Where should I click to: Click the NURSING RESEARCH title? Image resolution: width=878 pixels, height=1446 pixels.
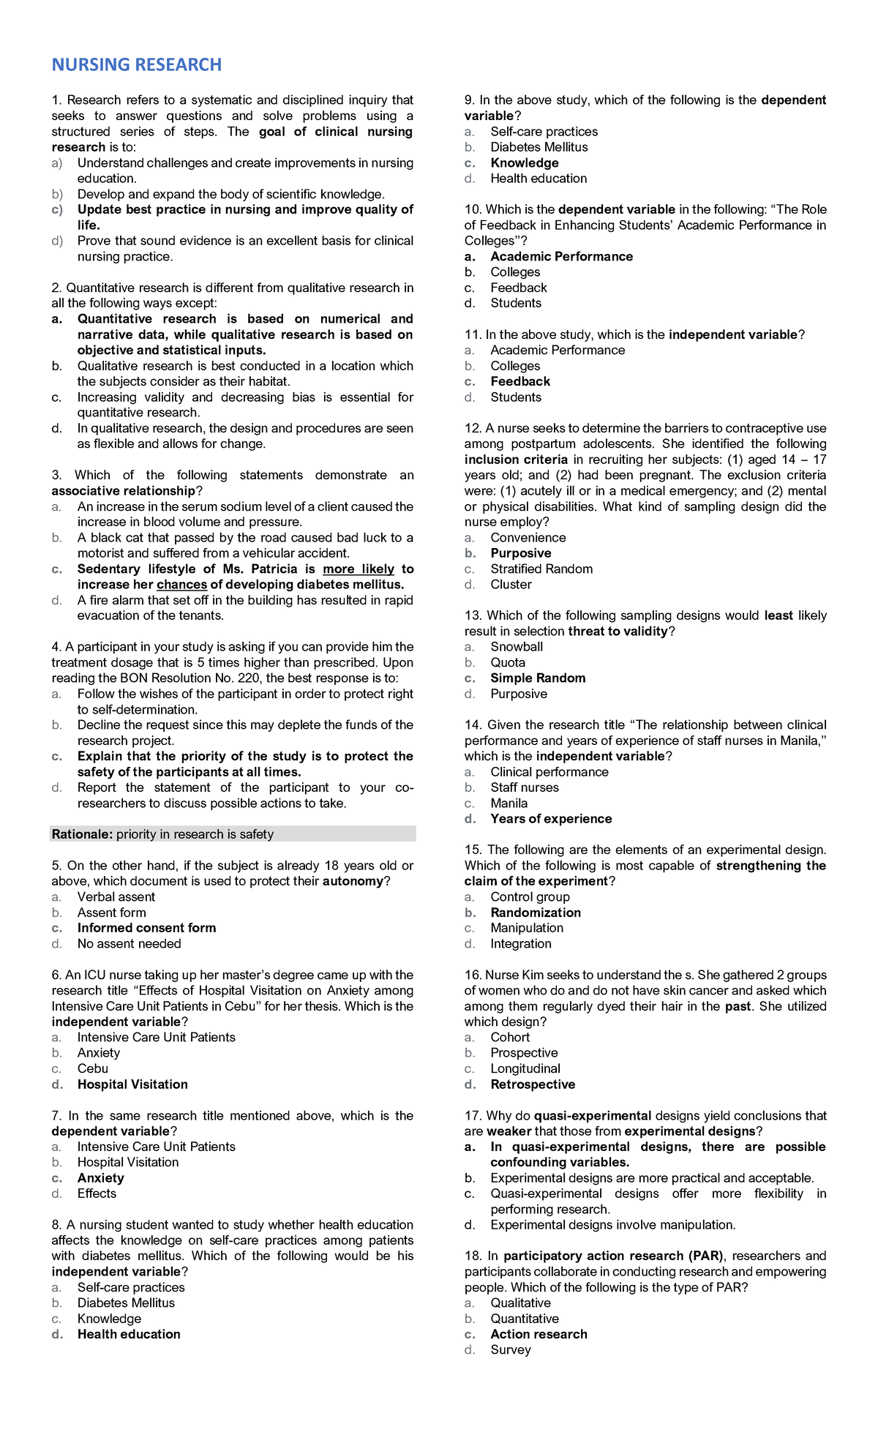click(x=136, y=65)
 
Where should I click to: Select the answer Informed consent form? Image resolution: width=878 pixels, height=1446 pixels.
click(x=146, y=928)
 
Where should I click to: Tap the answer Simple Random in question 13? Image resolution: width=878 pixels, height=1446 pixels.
click(x=538, y=678)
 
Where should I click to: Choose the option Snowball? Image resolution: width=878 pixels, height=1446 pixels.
click(x=517, y=647)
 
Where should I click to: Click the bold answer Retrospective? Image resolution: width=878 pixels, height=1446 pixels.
click(x=533, y=1084)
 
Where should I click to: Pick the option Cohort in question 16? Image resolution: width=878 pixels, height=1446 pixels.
click(x=510, y=1038)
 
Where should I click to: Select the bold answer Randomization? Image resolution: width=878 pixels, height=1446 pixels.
click(x=536, y=913)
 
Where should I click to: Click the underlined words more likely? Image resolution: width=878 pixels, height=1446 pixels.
click(x=359, y=569)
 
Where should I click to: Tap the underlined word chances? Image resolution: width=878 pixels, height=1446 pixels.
click(x=181, y=585)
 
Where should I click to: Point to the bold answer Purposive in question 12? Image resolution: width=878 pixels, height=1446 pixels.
click(x=521, y=554)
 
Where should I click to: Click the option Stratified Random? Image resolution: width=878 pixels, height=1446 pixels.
click(x=541, y=569)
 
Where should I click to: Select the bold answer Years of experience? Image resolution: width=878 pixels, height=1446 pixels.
click(x=551, y=819)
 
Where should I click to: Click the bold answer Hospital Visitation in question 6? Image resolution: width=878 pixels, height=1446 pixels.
click(x=132, y=1084)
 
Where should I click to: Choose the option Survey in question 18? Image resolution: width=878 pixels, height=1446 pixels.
click(x=511, y=1350)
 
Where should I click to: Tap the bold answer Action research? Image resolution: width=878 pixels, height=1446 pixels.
click(x=539, y=1334)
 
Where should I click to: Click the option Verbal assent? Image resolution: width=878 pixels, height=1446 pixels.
click(x=116, y=897)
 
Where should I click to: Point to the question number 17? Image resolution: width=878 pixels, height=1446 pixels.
click(x=473, y=1116)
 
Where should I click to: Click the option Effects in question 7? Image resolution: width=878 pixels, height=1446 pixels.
click(x=97, y=1194)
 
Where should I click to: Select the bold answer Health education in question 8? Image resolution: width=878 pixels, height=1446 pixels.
click(x=129, y=1334)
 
